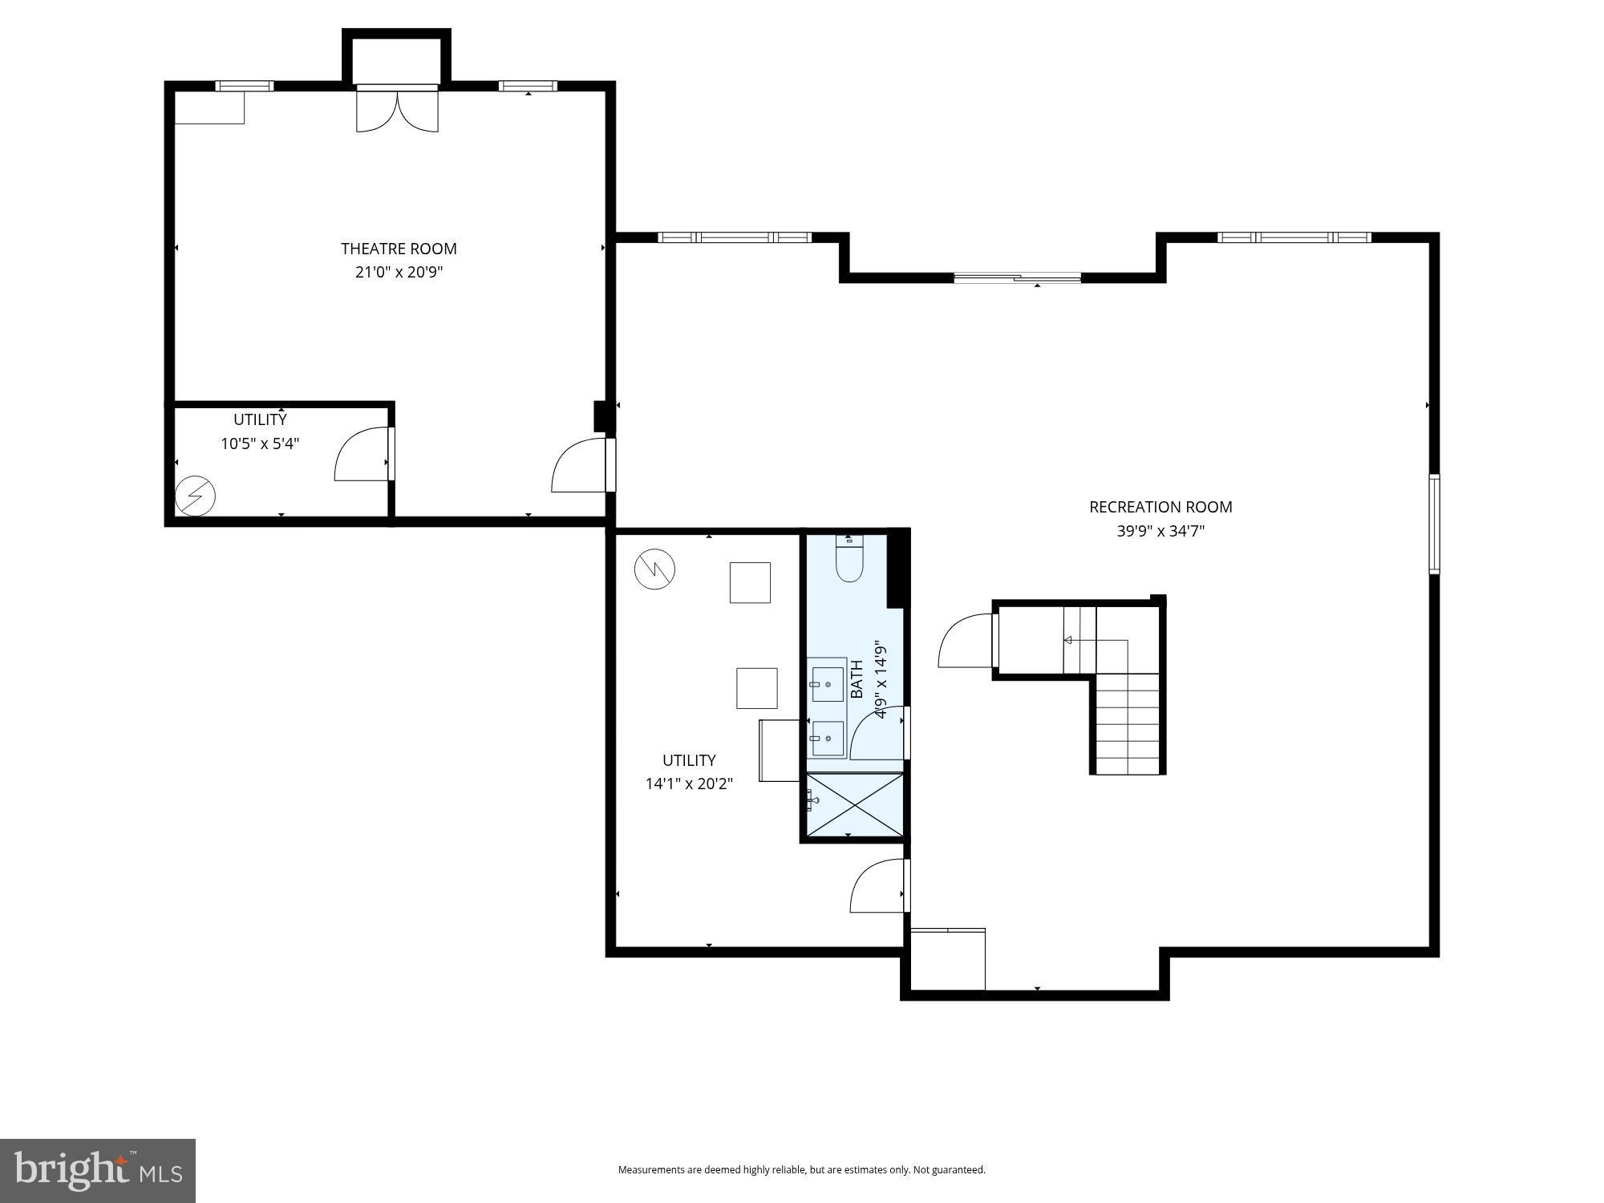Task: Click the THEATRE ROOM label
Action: (399, 249)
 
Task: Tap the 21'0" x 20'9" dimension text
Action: (399, 273)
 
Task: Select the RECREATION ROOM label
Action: (1160, 507)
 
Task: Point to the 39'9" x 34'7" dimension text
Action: (1160, 531)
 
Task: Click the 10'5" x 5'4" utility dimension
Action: (260, 444)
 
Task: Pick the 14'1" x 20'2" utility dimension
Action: (689, 784)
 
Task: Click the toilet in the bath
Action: (848, 560)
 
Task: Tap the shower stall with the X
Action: (855, 804)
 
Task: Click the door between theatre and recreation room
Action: (581, 467)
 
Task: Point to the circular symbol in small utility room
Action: (196, 496)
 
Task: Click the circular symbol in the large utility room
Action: (654, 569)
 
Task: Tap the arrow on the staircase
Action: (1068, 640)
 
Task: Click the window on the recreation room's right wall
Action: (1434, 524)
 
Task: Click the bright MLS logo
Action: (98, 1171)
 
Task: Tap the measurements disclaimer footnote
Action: (801, 1170)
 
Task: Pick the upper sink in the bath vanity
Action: (828, 684)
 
